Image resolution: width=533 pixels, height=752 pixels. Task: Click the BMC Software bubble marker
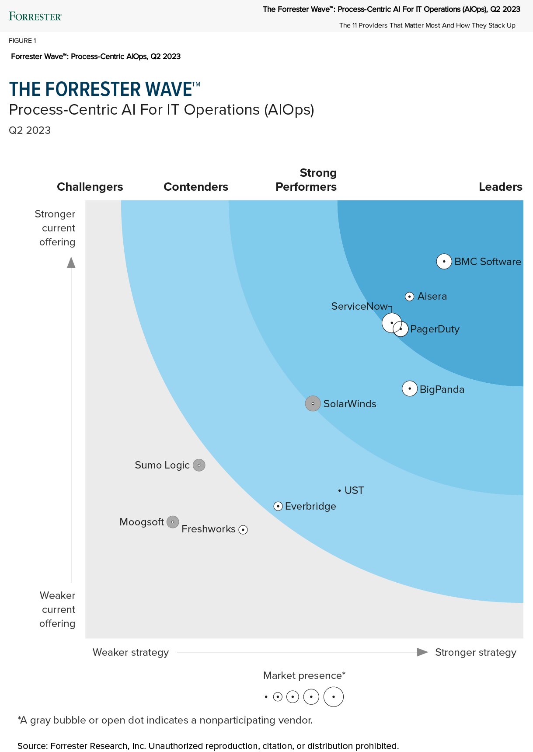click(444, 262)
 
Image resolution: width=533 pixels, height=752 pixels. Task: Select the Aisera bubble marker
click(409, 297)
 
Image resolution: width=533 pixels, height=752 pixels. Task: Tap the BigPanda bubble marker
click(409, 388)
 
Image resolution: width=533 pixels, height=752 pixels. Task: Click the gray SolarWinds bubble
click(313, 403)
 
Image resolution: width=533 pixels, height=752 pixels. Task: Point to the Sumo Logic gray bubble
click(199, 465)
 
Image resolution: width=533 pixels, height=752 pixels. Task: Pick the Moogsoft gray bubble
click(173, 521)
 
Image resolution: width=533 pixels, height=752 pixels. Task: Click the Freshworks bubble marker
click(243, 530)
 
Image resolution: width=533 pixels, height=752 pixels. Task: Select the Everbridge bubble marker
click(278, 506)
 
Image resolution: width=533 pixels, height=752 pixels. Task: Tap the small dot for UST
click(340, 491)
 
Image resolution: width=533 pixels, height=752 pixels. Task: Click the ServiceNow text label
click(359, 306)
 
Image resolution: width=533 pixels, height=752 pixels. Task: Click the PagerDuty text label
click(435, 329)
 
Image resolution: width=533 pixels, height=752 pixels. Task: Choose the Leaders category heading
click(500, 187)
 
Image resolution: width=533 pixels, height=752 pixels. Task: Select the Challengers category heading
click(90, 187)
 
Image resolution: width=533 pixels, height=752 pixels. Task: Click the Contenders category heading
click(195, 187)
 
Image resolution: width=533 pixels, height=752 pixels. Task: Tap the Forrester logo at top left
click(35, 17)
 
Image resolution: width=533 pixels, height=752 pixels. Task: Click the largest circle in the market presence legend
click(333, 696)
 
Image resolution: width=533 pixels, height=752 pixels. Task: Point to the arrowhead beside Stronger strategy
click(422, 652)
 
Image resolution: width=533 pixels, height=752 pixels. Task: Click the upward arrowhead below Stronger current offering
click(71, 262)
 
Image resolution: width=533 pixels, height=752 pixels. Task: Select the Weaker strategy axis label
click(130, 652)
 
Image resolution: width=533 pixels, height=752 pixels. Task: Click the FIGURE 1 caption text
click(22, 41)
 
